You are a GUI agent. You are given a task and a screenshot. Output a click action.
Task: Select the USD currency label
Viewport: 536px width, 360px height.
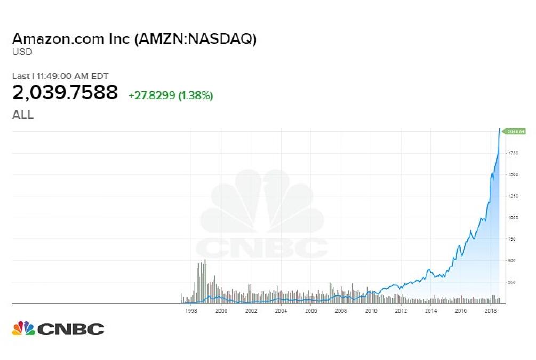(22, 52)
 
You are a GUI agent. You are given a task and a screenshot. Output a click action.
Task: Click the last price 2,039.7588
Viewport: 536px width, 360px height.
(65, 93)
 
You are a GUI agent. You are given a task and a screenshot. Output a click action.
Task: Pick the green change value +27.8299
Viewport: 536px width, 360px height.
(151, 95)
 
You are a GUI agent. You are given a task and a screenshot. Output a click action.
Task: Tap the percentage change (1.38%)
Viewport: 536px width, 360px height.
(196, 95)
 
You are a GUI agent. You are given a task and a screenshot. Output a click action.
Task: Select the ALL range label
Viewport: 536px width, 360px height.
(22, 115)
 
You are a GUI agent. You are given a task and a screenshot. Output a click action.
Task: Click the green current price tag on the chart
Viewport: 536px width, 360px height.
(516, 131)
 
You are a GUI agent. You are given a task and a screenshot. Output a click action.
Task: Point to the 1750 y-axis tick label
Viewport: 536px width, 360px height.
(513, 153)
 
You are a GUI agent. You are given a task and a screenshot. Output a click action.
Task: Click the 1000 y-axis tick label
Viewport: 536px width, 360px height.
(513, 218)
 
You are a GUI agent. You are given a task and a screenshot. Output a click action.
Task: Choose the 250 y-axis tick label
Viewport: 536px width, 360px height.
(512, 282)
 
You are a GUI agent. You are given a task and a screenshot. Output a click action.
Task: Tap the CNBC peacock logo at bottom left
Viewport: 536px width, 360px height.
(23, 329)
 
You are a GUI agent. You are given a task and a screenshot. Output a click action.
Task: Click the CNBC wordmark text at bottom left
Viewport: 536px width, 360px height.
(71, 329)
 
